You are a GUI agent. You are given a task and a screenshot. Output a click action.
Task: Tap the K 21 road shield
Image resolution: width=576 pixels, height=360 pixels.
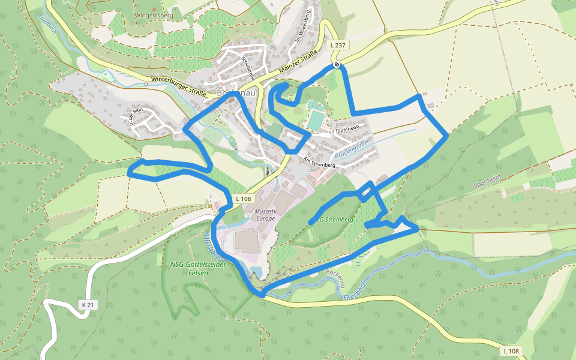pos(88,305)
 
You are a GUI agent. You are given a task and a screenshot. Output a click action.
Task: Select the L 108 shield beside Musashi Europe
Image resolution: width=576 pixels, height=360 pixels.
pos(244,199)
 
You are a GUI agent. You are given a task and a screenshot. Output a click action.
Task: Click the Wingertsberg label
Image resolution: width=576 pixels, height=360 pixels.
pos(154,15)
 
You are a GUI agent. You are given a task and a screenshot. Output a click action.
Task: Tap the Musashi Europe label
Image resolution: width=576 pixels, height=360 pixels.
pos(266,215)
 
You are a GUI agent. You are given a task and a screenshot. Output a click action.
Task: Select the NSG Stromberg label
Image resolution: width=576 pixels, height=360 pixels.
pos(334,220)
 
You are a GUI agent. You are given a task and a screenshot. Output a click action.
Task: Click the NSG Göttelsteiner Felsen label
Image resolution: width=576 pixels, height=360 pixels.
pos(189,268)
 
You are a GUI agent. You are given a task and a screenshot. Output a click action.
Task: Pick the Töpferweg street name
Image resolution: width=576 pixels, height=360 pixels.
pos(347,129)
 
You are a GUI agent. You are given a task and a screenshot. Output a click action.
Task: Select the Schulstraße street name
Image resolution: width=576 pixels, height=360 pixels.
pos(248,68)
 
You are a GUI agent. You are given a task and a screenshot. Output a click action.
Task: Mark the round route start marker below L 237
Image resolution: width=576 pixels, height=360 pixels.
pos(337,64)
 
